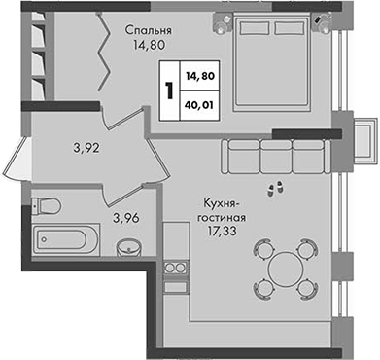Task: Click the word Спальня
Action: pyautogui.click(x=149, y=30)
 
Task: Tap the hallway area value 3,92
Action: pyautogui.click(x=86, y=148)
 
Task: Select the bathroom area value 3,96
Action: pyautogui.click(x=126, y=218)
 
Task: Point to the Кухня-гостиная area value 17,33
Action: pyautogui.click(x=223, y=232)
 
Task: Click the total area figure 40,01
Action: pyautogui.click(x=200, y=105)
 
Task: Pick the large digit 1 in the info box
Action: pyautogui.click(x=169, y=90)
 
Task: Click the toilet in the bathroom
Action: pyautogui.click(x=47, y=205)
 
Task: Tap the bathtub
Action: pyautogui.click(x=65, y=239)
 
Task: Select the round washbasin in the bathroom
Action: pyautogui.click(x=128, y=248)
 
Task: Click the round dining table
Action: pyautogui.click(x=286, y=269)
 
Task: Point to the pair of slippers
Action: pyautogui.click(x=275, y=189)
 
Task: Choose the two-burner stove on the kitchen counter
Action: pyautogui.click(x=176, y=268)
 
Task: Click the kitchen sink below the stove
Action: pyautogui.click(x=176, y=287)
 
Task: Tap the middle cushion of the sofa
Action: pyautogui.click(x=276, y=156)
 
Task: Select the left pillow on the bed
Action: pyautogui.click(x=255, y=28)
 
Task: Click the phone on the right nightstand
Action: pyautogui.click(x=318, y=19)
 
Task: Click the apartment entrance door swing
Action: pyautogui.click(x=17, y=160)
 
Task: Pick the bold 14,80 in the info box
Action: pyautogui.click(x=200, y=76)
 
